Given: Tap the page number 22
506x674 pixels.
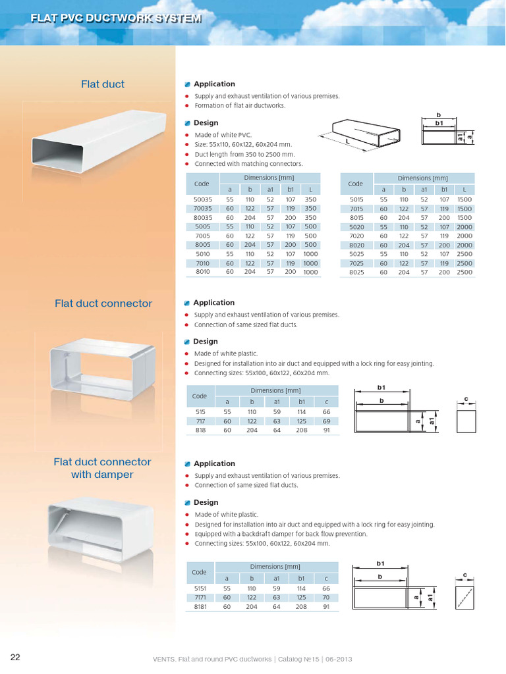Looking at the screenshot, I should [15, 657].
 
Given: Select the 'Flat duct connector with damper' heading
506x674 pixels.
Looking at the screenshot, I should [102, 468].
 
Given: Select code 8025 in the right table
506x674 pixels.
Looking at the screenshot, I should [356, 272].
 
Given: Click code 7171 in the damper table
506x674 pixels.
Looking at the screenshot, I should [200, 597].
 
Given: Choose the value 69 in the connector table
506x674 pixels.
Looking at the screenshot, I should [325, 421].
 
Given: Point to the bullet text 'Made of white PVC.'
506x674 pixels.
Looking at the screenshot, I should [223, 134].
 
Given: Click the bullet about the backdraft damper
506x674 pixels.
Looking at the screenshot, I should [281, 534].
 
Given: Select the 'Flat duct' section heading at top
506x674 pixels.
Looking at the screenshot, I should [102, 84].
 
